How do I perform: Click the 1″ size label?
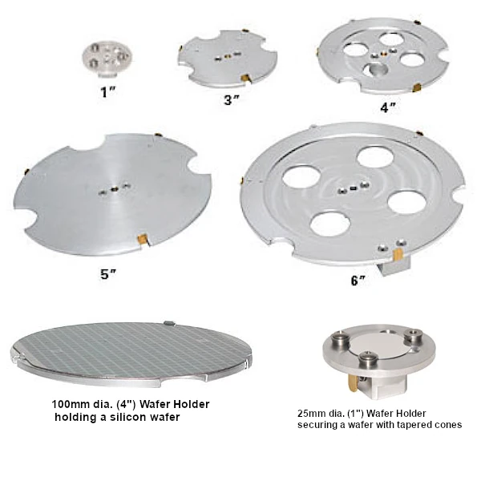[108, 91]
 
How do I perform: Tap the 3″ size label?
[232, 100]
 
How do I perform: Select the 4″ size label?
[388, 107]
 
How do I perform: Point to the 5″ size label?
[108, 274]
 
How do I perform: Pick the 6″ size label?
[358, 281]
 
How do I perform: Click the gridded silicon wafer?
[131, 349]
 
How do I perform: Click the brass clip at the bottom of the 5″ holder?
[142, 239]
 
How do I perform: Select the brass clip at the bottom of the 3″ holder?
[245, 79]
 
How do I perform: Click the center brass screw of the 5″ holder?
[114, 189]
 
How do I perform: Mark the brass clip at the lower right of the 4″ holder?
[418, 88]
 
